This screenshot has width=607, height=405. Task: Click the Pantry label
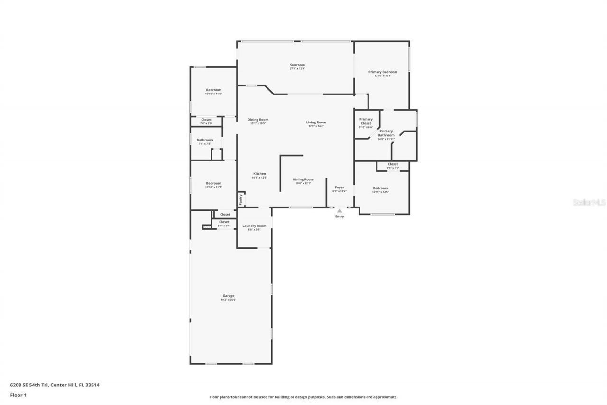241,199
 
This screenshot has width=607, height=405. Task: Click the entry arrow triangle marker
340,210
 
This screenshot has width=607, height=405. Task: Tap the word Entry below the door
340,217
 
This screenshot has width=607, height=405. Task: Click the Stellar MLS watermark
589,202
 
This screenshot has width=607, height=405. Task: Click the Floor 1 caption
18,395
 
